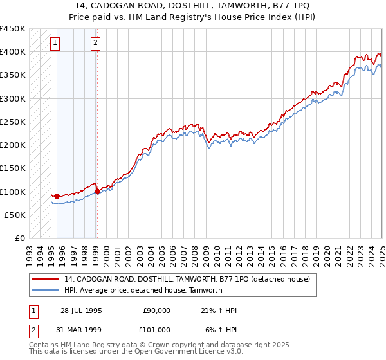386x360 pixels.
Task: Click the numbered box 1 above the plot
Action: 55,44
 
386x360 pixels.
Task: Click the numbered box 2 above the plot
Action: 95,44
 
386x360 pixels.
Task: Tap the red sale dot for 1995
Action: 57,196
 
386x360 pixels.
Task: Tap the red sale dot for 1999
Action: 97,191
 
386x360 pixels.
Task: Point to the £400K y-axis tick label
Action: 13,52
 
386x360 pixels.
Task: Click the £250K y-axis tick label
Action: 13,122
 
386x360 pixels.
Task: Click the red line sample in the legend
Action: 46,279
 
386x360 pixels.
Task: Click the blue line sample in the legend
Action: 46,290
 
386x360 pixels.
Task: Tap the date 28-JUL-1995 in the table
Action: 81,310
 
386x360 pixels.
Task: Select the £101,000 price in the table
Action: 156,330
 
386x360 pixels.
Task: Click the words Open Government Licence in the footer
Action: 183,352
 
